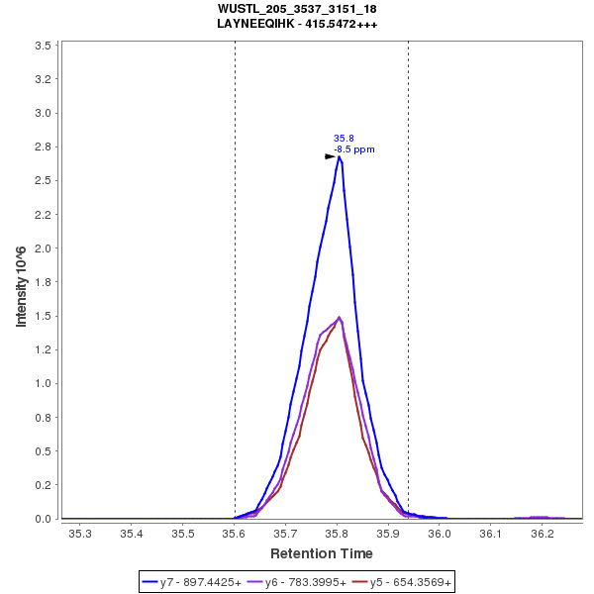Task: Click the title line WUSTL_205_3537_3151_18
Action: click(297, 9)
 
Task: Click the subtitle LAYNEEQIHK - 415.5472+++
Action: click(297, 23)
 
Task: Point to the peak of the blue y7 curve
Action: click(339, 156)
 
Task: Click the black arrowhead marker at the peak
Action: click(331, 156)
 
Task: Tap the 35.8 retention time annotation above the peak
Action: click(344, 139)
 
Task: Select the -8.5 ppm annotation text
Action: click(354, 149)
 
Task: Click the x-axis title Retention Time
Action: click(322, 553)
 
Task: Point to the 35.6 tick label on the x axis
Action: click(234, 534)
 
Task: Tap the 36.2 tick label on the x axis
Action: click(542, 534)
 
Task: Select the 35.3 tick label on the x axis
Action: click(80, 534)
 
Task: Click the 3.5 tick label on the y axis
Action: click(43, 46)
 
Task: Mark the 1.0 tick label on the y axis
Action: click(43, 384)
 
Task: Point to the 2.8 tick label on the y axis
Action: click(43, 148)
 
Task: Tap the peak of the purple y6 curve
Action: click(340, 318)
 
